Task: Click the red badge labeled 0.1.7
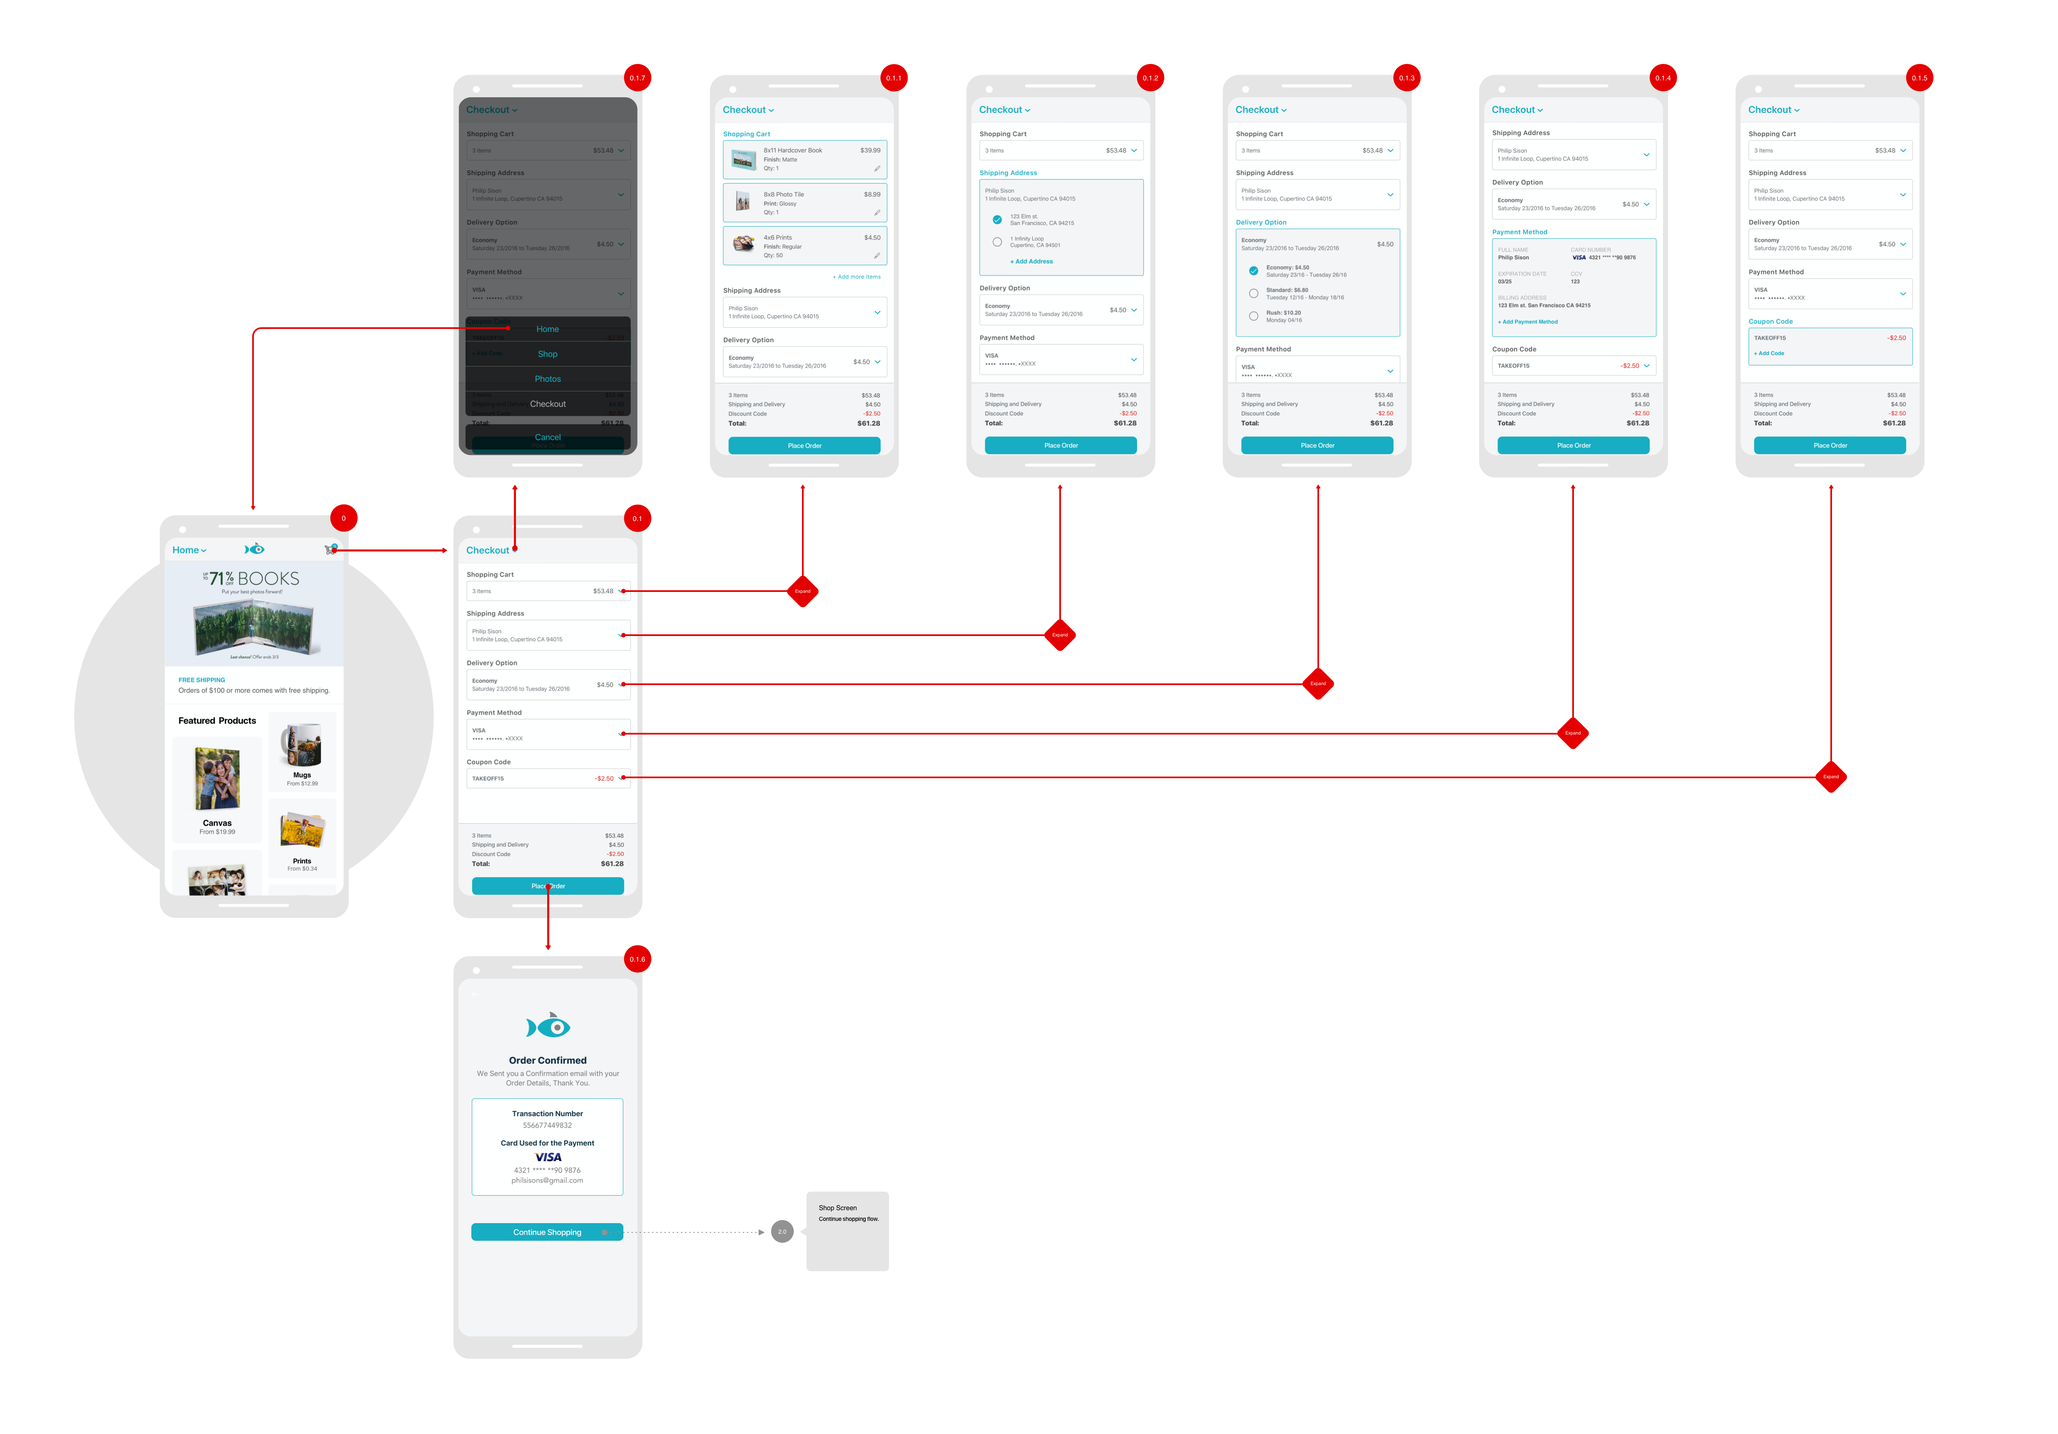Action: click(637, 78)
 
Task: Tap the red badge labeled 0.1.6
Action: click(637, 959)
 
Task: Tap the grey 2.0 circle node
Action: click(782, 1232)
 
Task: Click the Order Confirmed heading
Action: click(548, 1060)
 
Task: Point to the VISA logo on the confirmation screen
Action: click(548, 1157)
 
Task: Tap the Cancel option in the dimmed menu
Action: click(548, 437)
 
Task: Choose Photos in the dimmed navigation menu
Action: click(548, 379)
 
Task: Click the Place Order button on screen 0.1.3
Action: click(1317, 446)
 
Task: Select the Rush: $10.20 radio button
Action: click(1253, 315)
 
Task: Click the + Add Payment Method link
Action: click(1528, 322)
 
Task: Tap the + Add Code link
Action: click(1769, 353)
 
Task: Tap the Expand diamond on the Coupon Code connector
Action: click(1830, 777)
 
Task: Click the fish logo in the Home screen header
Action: click(254, 549)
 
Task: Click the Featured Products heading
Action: click(217, 721)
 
